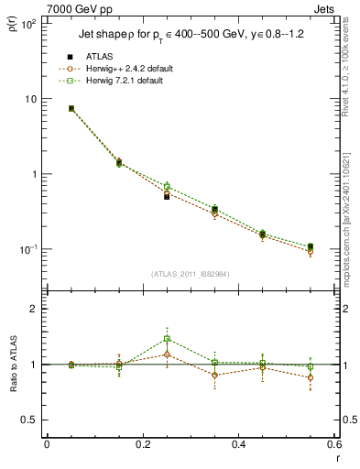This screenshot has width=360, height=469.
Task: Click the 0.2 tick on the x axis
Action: [143, 445]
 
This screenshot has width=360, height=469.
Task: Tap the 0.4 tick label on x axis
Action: [239, 445]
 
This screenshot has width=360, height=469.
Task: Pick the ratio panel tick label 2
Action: [32, 309]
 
